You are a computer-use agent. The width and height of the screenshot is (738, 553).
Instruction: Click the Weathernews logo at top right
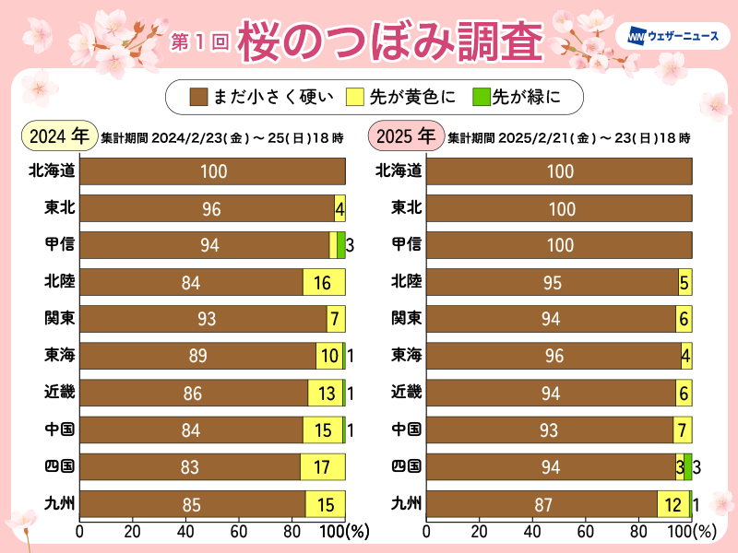pyautogui.click(x=672, y=37)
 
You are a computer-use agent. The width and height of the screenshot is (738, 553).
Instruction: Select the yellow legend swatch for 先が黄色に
pyautogui.click(x=356, y=95)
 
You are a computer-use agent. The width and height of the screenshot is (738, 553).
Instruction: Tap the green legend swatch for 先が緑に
pyautogui.click(x=479, y=95)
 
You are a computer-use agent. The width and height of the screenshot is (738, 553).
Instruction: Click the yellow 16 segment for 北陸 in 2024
pyautogui.click(x=324, y=283)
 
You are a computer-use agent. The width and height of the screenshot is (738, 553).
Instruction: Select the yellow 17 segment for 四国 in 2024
pyautogui.click(x=322, y=467)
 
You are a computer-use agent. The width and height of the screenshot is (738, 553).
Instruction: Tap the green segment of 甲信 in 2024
pyautogui.click(x=340, y=245)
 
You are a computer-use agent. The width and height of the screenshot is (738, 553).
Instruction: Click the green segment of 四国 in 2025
pyautogui.click(x=687, y=467)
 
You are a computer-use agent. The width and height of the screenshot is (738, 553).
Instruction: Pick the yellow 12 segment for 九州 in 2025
pyautogui.click(x=673, y=504)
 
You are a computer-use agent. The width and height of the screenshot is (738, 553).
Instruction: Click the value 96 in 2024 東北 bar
pyautogui.click(x=212, y=209)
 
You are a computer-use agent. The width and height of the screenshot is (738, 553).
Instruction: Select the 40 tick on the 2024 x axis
pyautogui.click(x=186, y=532)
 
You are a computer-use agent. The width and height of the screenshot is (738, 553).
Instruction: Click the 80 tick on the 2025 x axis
pyautogui.click(x=638, y=532)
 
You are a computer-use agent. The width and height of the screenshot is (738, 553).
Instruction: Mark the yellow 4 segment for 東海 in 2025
pyautogui.click(x=685, y=357)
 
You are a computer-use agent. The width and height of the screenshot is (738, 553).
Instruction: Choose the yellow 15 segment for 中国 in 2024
pyautogui.click(x=322, y=430)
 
